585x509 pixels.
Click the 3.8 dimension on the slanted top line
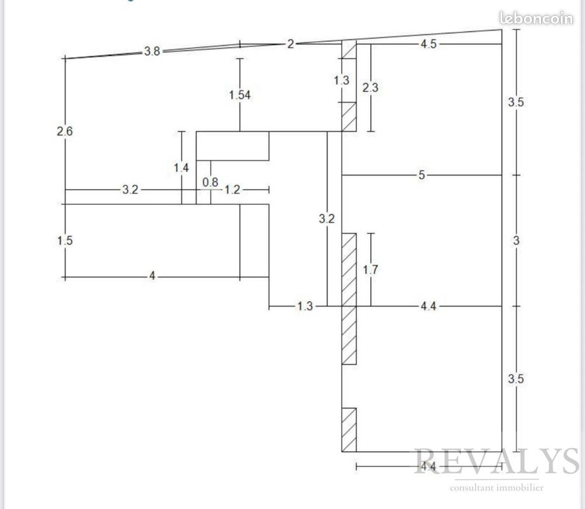point(152,51)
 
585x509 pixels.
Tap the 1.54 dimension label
point(240,95)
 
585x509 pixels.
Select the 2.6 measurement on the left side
point(65,132)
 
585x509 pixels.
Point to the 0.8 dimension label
point(210,182)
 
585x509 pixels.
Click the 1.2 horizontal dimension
point(233,190)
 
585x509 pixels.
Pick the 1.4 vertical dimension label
point(181,168)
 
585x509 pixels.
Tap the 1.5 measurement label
point(65,241)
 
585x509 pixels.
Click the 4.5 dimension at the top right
point(429,44)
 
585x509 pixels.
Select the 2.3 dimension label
point(371,88)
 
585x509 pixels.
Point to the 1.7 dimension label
point(371,270)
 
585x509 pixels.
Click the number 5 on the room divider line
point(422,175)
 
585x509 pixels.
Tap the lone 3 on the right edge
point(516,241)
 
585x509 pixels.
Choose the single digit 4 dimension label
point(152,276)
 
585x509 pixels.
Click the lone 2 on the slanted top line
point(291,44)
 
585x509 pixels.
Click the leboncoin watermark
point(536,18)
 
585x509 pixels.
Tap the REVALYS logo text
point(497,461)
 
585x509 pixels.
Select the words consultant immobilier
point(497,488)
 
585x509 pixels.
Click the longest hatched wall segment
point(349,299)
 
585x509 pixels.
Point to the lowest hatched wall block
point(349,430)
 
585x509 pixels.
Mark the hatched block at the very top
point(349,50)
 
